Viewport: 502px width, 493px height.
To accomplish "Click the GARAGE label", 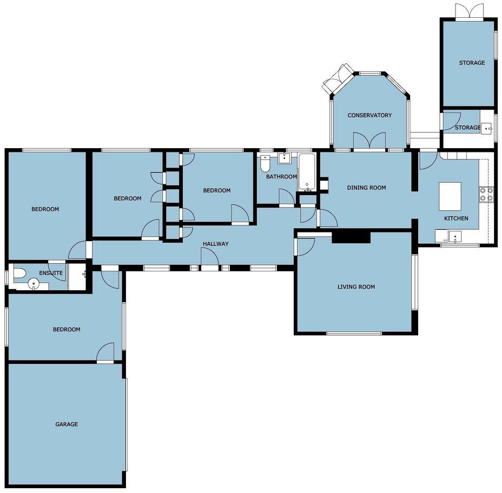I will coord(67,424).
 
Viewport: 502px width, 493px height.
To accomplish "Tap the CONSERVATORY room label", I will coord(369,115).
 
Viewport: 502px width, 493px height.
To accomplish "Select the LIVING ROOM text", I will coord(356,287).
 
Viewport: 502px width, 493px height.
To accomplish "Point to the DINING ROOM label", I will coord(366,188).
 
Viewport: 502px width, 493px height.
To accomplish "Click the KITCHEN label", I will coord(456,218).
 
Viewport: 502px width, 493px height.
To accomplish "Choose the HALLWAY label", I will coord(215,244).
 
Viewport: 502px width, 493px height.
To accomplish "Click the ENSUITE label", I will coord(55,273).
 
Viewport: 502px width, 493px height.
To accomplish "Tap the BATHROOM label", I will coord(281,177).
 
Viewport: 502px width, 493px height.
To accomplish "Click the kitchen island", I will coord(450,196).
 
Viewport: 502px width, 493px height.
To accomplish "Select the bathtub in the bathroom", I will coord(307,172).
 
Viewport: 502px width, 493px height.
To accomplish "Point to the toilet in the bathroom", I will coord(265,162).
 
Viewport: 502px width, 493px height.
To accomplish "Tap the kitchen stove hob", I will coord(486,194).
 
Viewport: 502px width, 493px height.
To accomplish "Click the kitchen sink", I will coord(456,237).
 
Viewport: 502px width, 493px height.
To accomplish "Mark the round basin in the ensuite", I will coord(34,283).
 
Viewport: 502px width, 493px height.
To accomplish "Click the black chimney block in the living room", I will coord(351,236).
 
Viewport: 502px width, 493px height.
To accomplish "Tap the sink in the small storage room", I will coord(487,128).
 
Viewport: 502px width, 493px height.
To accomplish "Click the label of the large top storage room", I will coord(472,63).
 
